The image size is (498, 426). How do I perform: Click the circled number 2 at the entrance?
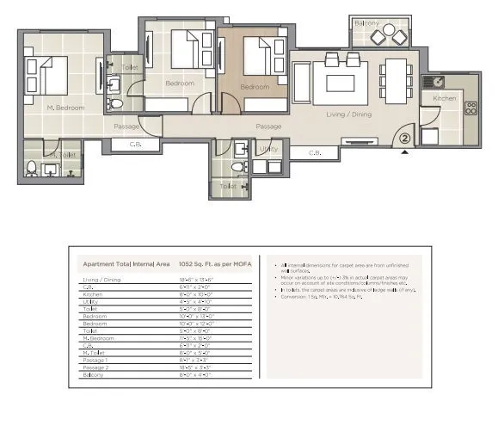[x=405, y=134]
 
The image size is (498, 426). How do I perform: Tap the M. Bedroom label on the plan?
[x=65, y=108]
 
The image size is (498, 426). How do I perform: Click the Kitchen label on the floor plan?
[x=445, y=99]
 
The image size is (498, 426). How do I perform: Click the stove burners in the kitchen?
[x=470, y=109]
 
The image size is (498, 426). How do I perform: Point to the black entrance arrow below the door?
[x=405, y=152]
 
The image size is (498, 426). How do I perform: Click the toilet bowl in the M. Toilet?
[x=32, y=168]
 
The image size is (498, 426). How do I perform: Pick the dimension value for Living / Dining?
[x=195, y=280]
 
